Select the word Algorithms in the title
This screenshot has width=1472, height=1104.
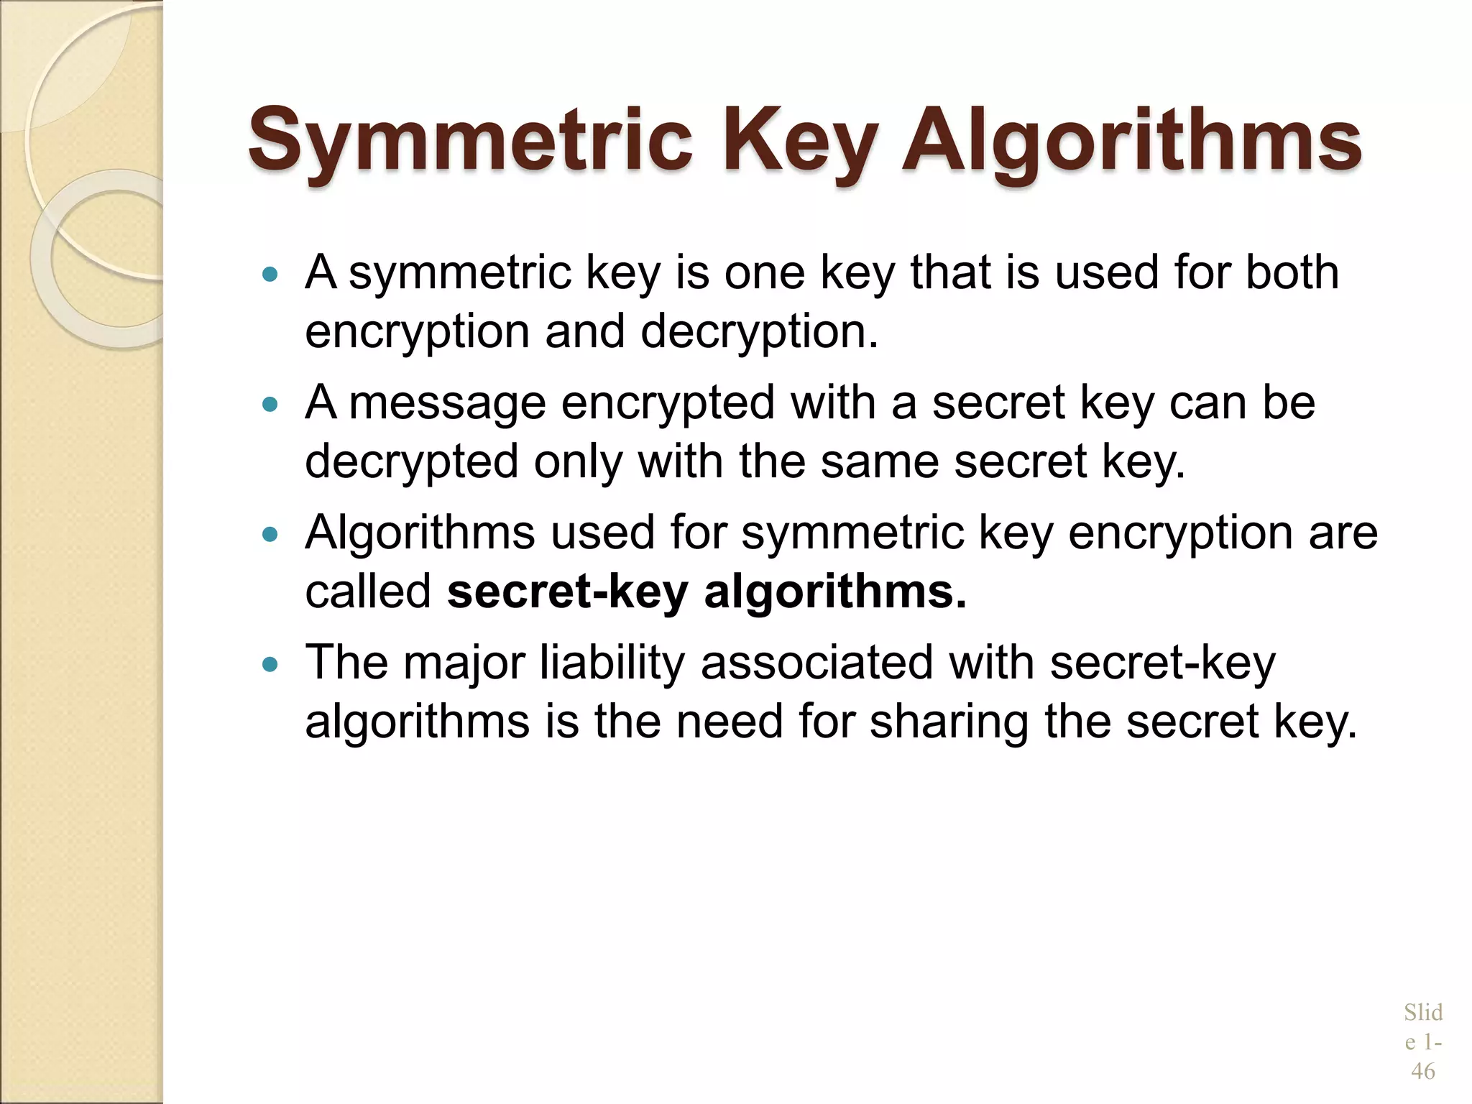tap(1131, 140)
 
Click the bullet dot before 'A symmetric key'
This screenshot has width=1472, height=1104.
tap(270, 275)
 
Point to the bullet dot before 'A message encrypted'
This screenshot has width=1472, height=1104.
tap(270, 405)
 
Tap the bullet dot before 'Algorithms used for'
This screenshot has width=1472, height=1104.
tap(270, 535)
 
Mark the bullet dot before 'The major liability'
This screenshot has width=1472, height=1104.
tap(270, 665)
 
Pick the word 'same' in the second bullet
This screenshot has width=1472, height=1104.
tap(879, 461)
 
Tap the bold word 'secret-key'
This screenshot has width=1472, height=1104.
tap(567, 592)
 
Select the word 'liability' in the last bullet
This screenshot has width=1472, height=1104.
tap(612, 663)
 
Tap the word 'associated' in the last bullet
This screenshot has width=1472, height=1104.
tap(816, 663)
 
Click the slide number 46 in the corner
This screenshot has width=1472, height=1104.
tap(1422, 1072)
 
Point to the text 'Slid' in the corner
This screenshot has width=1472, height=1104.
tap(1422, 1013)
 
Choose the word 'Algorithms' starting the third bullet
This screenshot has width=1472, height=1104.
tap(420, 533)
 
